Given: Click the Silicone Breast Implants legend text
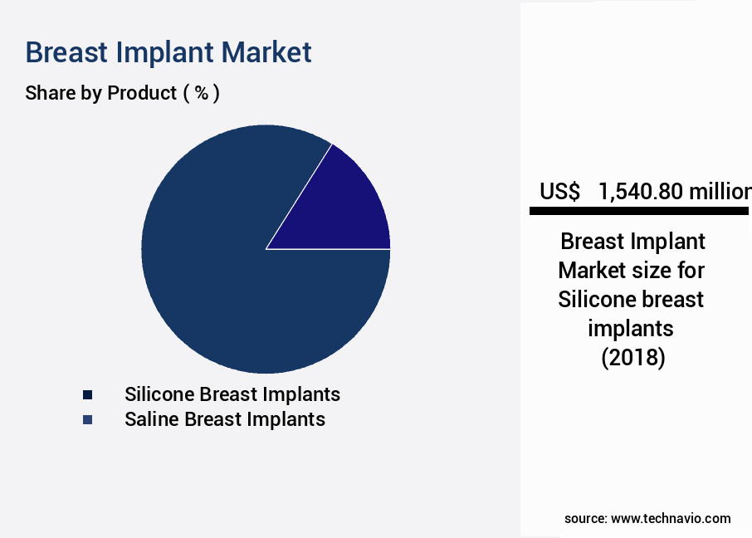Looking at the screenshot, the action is (232, 394).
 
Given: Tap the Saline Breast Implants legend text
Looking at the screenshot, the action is (225, 419).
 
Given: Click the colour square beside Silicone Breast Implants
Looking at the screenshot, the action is (87, 395).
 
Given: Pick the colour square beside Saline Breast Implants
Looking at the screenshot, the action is (87, 420).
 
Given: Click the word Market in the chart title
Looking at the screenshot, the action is (266, 52).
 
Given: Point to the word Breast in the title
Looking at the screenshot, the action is (66, 52).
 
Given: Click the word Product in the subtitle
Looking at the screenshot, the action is (142, 93).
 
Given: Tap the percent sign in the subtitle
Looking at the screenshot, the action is (202, 93).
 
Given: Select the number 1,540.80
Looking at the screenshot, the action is (641, 192).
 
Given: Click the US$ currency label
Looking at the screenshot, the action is (559, 192).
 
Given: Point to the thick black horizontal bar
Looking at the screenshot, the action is (639, 211).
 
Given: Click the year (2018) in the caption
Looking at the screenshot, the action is (633, 358).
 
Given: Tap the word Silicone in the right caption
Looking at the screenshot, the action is (595, 300).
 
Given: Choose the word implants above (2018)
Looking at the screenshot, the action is (631, 330).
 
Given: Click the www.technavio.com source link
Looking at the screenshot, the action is (671, 519).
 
